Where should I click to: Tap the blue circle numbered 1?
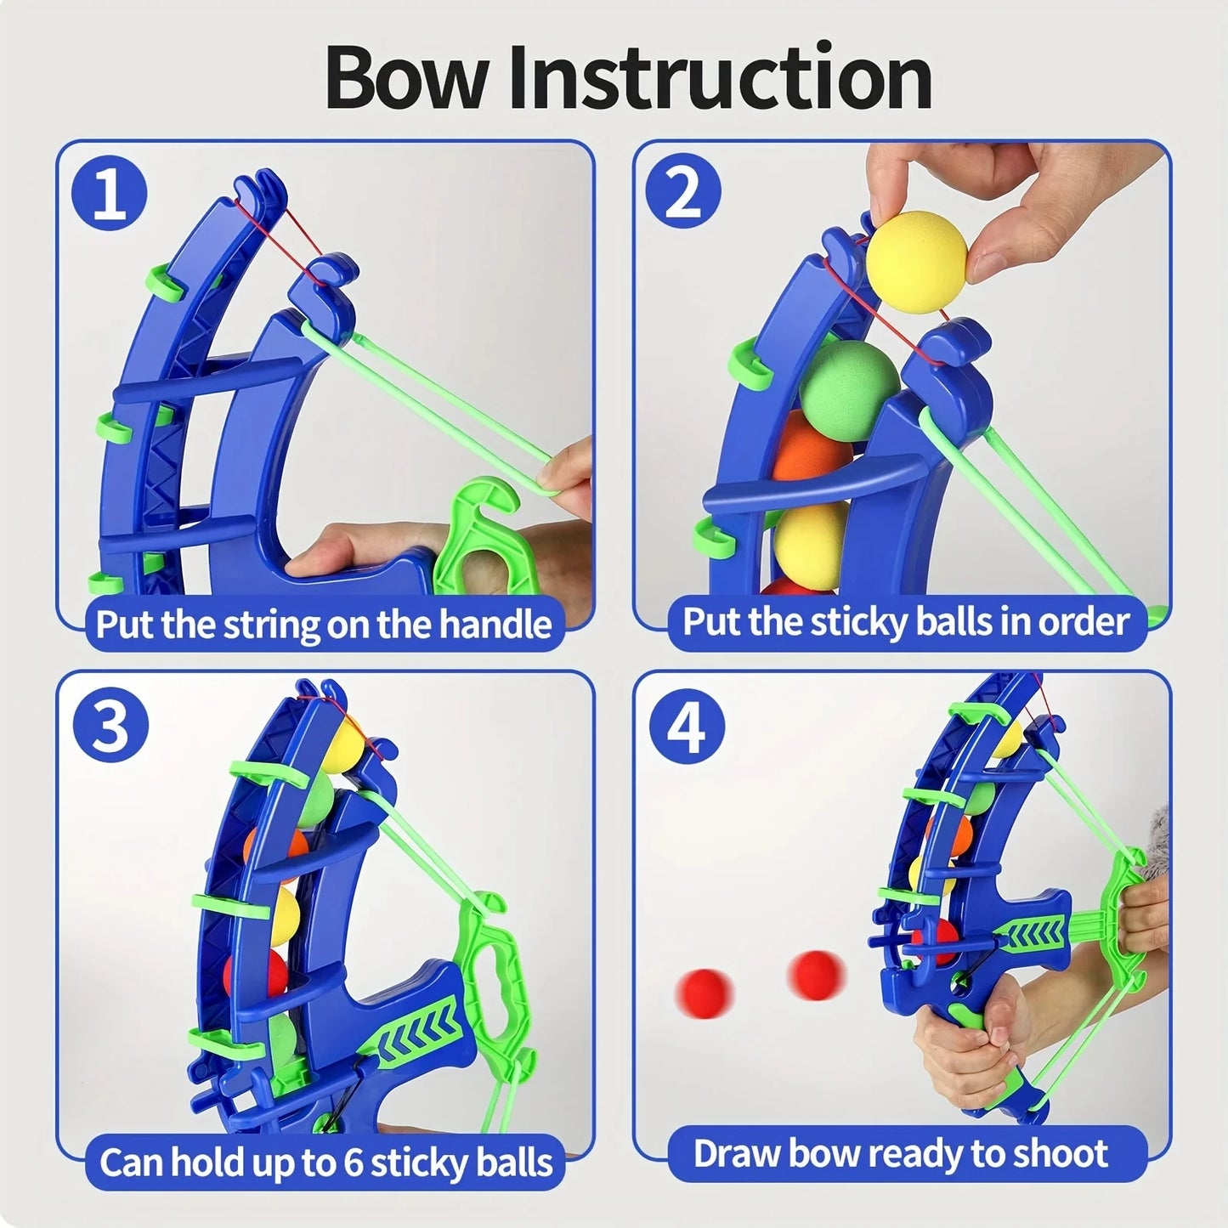(x=109, y=194)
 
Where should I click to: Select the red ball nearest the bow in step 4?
(x=817, y=974)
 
